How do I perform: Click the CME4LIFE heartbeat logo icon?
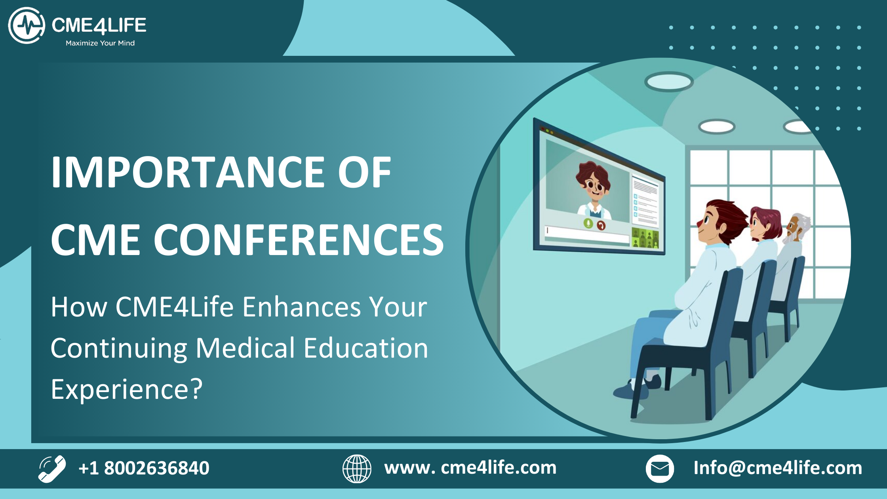pos(27,25)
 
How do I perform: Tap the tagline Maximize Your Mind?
pos(100,43)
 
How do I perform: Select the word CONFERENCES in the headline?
pos(299,240)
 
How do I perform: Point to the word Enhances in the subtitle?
pos(302,307)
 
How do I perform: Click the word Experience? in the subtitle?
pos(127,389)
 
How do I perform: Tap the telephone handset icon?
pos(52,469)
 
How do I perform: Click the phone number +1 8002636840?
pos(144,468)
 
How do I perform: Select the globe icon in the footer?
pos(357,469)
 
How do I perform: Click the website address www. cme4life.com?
pos(470,468)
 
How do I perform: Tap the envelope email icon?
pos(660,469)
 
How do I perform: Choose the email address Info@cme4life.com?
pos(778,468)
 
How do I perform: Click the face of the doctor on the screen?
pos(593,185)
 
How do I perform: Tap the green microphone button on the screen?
pos(588,223)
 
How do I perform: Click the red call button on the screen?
pos(601,225)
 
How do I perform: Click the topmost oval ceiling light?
pos(669,82)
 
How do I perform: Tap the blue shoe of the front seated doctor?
pos(630,390)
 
